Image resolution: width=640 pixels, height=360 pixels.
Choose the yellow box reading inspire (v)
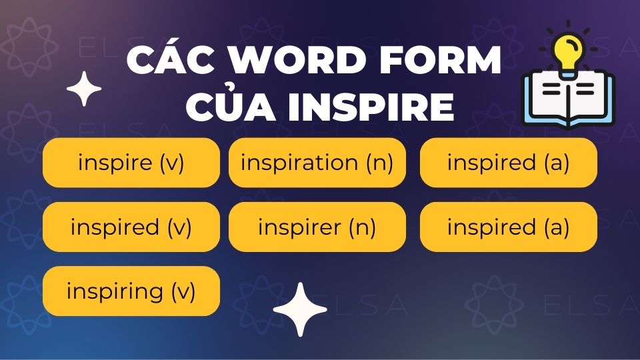[131, 163]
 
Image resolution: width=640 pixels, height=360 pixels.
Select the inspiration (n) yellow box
[317, 163]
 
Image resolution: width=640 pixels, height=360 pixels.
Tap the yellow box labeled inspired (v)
[131, 227]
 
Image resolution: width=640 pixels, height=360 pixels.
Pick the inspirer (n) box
[317, 227]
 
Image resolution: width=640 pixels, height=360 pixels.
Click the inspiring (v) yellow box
[131, 291]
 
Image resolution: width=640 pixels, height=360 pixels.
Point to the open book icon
[567, 100]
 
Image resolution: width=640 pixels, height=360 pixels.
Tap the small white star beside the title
[84, 89]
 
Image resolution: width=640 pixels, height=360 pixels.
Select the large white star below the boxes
[300, 309]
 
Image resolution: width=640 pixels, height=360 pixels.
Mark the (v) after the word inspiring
[183, 291]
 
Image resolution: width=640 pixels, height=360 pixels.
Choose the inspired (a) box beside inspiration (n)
[508, 163]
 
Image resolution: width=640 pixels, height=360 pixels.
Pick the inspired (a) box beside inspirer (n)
[508, 227]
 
